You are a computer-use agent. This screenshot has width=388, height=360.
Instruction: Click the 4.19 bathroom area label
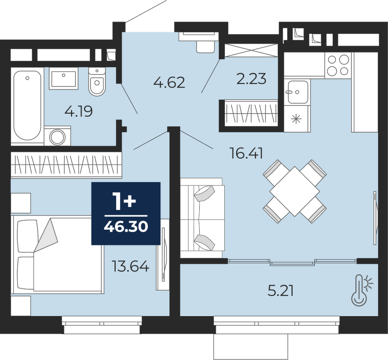(78, 111)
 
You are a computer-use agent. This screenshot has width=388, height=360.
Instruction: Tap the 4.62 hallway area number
(169, 82)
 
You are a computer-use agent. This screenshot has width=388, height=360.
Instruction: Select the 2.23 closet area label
(251, 79)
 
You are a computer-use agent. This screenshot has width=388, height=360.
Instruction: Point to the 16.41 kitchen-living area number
(246, 153)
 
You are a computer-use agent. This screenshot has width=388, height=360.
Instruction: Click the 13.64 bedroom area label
(131, 267)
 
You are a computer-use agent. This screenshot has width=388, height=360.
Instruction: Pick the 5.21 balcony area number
(281, 291)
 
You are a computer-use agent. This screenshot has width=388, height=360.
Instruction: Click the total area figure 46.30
(126, 226)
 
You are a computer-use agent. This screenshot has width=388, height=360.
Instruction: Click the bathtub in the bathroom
(27, 106)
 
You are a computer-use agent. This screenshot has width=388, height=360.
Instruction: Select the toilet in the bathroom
(97, 81)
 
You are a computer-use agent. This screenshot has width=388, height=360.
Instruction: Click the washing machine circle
(58, 137)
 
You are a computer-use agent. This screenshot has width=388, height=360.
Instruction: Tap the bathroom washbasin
(63, 78)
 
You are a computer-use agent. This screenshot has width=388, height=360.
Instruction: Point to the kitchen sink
(298, 92)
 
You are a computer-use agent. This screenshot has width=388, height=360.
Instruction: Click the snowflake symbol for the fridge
(296, 119)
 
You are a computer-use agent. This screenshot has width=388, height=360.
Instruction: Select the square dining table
(295, 191)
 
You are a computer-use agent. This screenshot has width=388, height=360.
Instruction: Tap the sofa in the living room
(202, 218)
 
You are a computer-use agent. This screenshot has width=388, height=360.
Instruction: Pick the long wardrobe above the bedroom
(66, 165)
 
